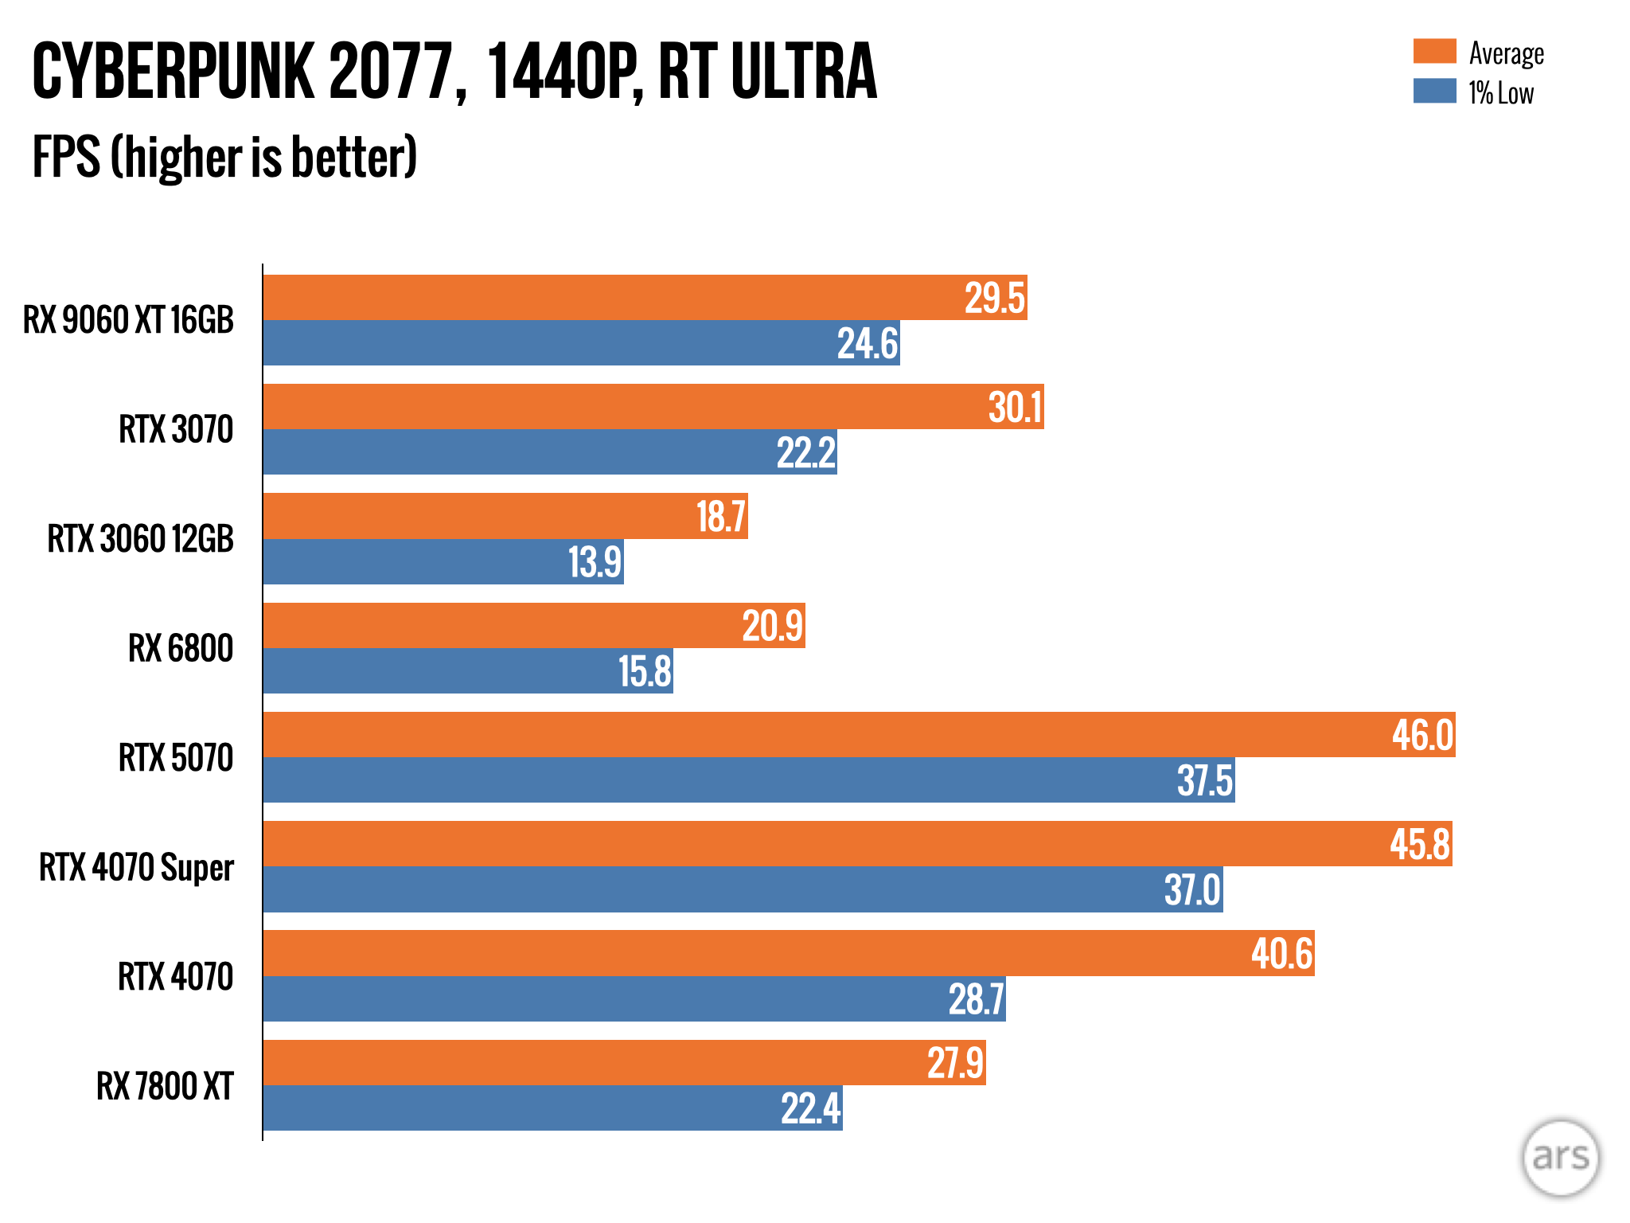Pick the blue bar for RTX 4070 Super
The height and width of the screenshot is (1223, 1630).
point(716,889)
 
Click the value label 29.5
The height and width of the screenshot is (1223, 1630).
point(994,299)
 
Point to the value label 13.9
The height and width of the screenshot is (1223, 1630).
point(595,562)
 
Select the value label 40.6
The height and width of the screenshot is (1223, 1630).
point(1281,953)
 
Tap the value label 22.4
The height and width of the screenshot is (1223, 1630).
point(810,1108)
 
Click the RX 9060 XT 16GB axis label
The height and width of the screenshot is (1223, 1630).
point(128,320)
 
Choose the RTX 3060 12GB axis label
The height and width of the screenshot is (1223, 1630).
point(140,539)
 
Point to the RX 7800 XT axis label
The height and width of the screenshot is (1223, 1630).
point(165,1086)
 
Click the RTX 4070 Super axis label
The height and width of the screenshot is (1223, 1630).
point(136,867)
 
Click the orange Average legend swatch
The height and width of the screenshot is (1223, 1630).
point(1434,52)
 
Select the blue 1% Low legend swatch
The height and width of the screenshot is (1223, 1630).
point(1434,92)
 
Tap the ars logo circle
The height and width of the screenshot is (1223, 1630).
point(1560,1158)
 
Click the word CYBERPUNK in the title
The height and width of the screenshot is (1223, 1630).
point(173,72)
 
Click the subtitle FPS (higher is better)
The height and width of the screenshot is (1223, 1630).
point(224,157)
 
